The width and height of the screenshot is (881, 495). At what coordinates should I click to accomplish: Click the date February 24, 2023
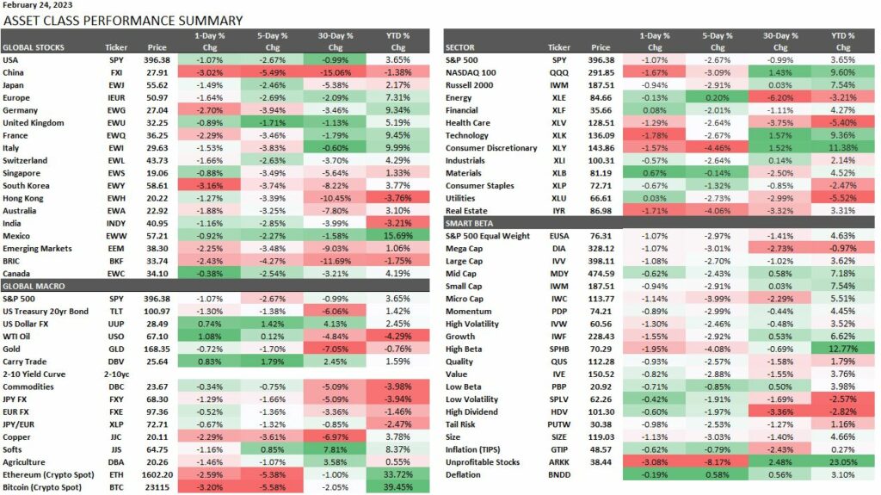click(x=38, y=5)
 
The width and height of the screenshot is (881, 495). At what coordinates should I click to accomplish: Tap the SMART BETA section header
click(x=471, y=223)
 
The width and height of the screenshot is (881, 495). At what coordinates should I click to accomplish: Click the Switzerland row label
click(x=28, y=159)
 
